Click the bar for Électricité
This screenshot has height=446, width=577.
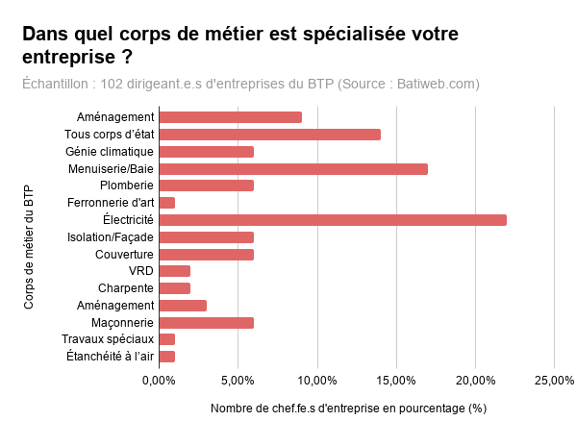click(332, 220)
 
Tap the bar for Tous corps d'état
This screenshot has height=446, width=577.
click(269, 135)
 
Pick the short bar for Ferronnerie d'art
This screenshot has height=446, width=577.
click(166, 203)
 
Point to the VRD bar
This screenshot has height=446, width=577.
click(174, 271)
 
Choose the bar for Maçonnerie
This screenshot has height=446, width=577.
click(206, 322)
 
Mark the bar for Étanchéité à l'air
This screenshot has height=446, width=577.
click(166, 357)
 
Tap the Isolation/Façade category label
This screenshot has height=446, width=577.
click(110, 237)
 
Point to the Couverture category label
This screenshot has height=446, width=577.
click(124, 254)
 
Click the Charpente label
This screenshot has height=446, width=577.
click(125, 288)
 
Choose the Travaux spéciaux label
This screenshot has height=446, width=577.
click(107, 339)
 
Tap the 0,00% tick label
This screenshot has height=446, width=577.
click(159, 381)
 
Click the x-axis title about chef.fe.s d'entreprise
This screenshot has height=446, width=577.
click(348, 409)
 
